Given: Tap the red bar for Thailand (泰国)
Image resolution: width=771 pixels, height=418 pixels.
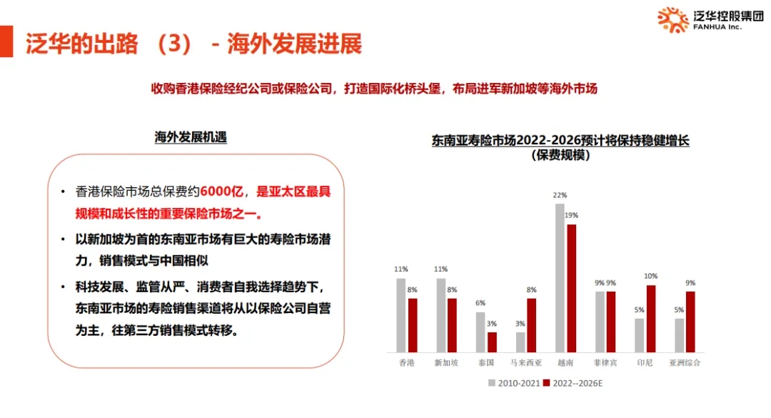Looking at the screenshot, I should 492,342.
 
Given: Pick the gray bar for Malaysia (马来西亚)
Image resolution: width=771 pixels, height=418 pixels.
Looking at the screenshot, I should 520,342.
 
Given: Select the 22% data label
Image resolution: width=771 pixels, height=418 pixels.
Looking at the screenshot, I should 560,195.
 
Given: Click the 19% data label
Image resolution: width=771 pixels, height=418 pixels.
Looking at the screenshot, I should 571,215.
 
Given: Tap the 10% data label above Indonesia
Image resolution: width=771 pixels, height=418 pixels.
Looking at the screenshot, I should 650,276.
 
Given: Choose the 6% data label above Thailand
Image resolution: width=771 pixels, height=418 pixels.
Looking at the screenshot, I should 480,303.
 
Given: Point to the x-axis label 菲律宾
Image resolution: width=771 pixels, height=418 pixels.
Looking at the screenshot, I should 605,363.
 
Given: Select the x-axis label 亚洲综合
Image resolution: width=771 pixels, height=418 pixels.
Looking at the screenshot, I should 685,363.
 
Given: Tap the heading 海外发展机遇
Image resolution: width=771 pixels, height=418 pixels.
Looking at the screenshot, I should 191,136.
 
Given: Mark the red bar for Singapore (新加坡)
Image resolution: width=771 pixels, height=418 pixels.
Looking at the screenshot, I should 452,324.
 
